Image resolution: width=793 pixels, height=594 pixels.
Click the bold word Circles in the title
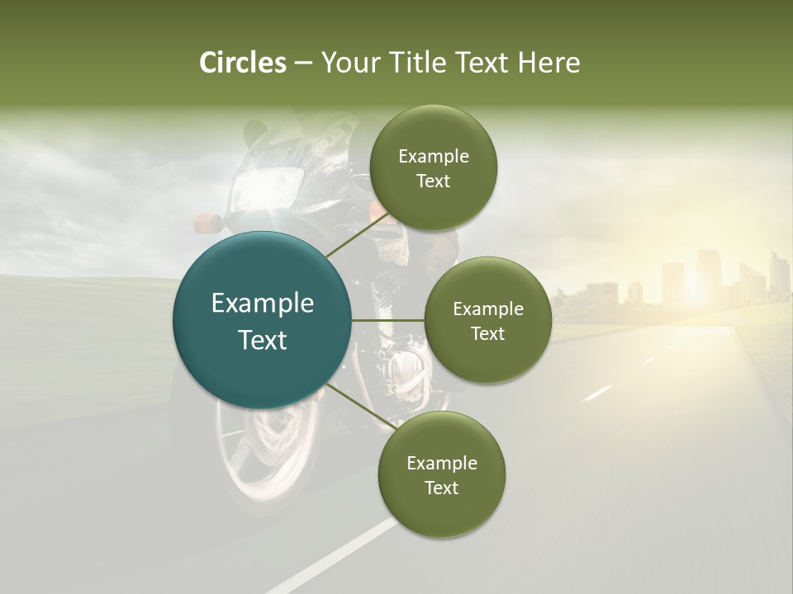tap(243, 63)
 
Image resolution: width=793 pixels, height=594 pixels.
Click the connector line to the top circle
tap(357, 235)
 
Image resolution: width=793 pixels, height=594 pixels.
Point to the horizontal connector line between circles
tap(388, 320)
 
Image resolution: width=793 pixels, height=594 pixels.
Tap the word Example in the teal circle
tap(263, 304)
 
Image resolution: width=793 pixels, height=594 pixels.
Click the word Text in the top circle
tap(433, 181)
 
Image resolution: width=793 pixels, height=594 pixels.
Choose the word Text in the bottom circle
tap(441, 488)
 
